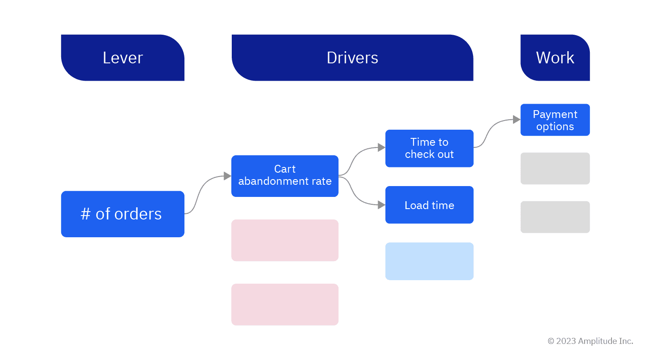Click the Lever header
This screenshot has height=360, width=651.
point(123,58)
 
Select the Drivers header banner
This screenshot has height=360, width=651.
point(352,58)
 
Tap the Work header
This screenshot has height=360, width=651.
point(555,58)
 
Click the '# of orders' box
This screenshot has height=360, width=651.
point(123,214)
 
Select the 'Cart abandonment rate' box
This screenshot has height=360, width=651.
point(285,176)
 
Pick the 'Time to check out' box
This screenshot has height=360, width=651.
point(429,148)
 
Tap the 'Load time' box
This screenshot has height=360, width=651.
point(429,205)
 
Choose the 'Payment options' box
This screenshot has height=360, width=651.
point(555,120)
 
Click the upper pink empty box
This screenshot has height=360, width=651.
point(285,240)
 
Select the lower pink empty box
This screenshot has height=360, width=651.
point(285,304)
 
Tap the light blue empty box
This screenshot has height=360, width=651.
point(429,261)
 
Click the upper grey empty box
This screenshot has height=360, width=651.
point(555,168)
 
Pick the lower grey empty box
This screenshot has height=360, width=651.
point(555,217)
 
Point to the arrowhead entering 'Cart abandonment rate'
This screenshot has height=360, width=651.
point(227,176)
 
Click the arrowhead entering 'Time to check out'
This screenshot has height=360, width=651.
point(381,147)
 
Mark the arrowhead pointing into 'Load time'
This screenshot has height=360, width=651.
point(381,205)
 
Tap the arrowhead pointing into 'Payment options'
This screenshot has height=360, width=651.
point(516,119)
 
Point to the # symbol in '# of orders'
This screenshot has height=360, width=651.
point(85,214)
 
